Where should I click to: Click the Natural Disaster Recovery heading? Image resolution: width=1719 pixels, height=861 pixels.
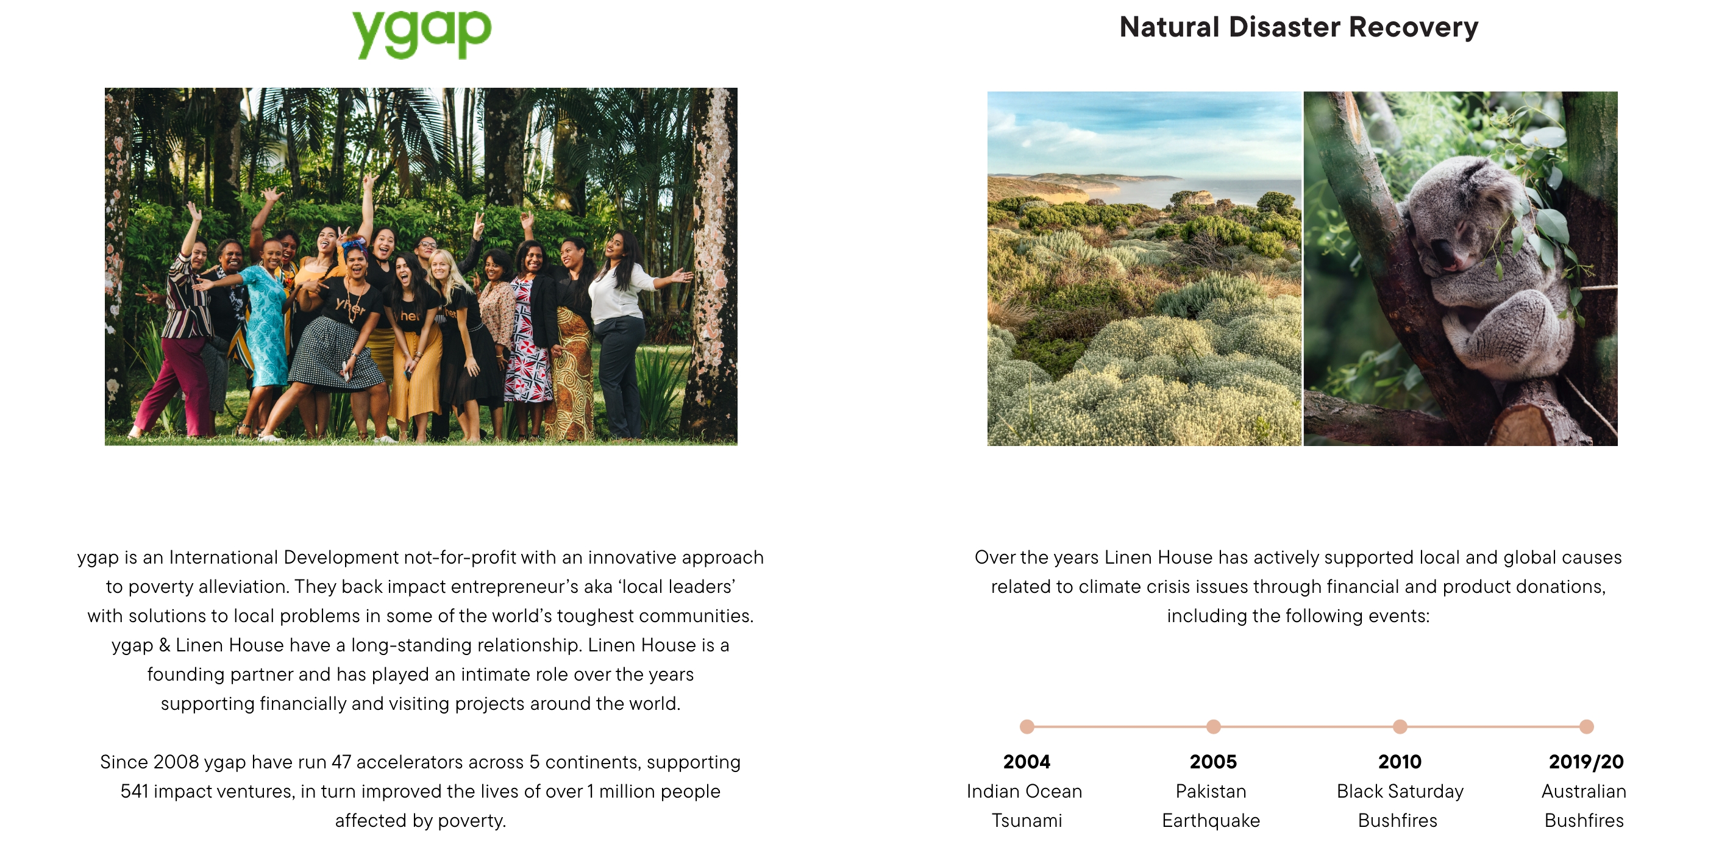(x=1298, y=27)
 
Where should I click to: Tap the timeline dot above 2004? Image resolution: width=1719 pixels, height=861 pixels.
(x=1027, y=726)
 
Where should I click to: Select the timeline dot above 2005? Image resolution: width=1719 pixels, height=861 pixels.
(x=1213, y=726)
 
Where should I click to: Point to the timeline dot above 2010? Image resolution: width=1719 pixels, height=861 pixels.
(x=1400, y=726)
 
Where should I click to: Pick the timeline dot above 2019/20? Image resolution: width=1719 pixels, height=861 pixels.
(x=1586, y=726)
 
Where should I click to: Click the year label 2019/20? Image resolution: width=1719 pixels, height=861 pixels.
(x=1586, y=762)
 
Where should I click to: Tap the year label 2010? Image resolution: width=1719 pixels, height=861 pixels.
(x=1400, y=762)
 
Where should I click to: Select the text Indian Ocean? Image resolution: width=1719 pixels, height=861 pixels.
(x=1023, y=791)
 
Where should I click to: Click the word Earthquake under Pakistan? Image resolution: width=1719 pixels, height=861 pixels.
(x=1211, y=821)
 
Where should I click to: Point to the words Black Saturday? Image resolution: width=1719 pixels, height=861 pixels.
(x=1400, y=792)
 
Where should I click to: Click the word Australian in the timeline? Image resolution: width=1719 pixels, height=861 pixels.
(x=1584, y=791)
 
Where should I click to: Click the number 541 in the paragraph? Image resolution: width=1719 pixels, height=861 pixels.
(x=134, y=791)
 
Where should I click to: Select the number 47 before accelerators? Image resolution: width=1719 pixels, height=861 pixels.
(x=341, y=762)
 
